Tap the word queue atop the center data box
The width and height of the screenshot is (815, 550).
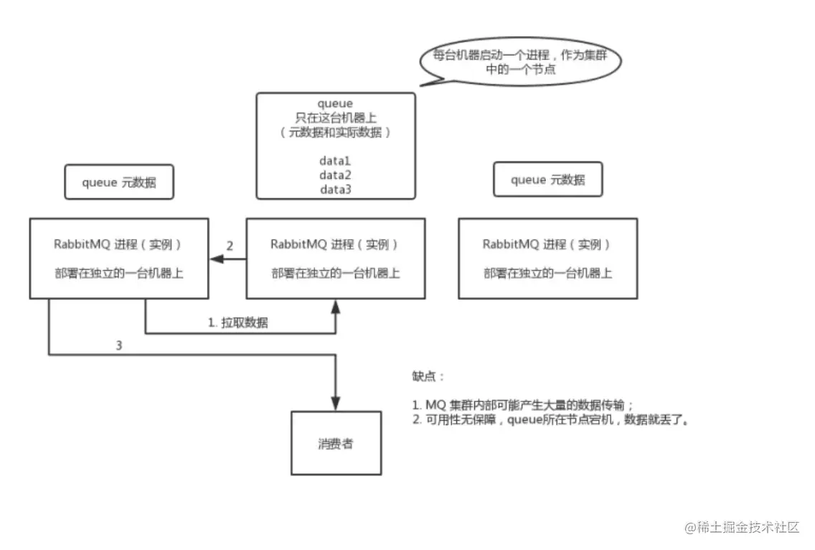(x=335, y=104)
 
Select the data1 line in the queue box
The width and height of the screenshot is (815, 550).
(x=335, y=162)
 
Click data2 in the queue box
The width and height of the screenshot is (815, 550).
(x=335, y=175)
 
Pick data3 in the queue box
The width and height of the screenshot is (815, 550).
(x=335, y=189)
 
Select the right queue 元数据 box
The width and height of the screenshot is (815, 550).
(x=547, y=180)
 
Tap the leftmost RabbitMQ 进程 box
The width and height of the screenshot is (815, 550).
(x=118, y=258)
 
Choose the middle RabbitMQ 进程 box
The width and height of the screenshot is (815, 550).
(x=335, y=258)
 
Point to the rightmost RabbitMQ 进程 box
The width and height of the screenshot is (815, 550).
(x=547, y=258)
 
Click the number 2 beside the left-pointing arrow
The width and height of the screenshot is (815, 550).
(x=230, y=246)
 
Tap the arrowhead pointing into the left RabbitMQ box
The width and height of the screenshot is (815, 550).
(x=214, y=258)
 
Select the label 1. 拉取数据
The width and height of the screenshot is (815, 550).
(x=238, y=323)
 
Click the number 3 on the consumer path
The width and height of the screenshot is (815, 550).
(x=119, y=345)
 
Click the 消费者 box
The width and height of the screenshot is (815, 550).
(x=336, y=443)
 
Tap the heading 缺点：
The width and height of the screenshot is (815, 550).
(x=428, y=376)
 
